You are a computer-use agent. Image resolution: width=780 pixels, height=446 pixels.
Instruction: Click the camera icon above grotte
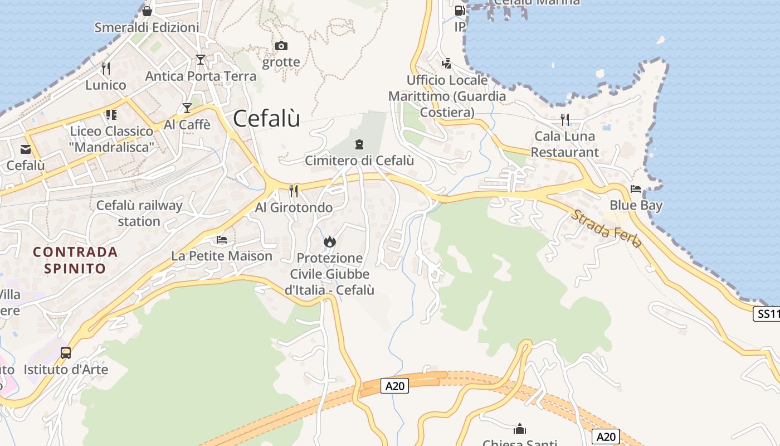point(281,46)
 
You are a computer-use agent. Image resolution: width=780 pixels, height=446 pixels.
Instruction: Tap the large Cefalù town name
point(266,118)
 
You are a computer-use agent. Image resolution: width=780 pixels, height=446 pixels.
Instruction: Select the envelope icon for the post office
point(26,149)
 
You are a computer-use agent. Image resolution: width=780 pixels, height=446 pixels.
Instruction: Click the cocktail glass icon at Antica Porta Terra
point(201,59)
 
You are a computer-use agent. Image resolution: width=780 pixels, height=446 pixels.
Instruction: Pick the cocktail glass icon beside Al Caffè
point(187,108)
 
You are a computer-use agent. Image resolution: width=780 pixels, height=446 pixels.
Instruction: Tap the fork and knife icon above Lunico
point(106,68)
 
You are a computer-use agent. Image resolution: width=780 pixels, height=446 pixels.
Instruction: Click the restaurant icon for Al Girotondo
point(294,191)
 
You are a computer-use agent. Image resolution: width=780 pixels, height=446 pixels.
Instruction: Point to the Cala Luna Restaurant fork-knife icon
point(565,119)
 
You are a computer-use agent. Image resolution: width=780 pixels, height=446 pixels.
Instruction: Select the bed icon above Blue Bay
point(636,188)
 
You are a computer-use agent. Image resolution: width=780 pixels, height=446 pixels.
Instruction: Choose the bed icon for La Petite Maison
point(222,240)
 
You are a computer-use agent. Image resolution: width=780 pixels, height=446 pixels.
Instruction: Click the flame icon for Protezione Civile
point(330,241)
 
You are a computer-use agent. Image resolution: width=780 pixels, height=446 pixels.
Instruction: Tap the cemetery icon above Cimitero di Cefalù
point(359,144)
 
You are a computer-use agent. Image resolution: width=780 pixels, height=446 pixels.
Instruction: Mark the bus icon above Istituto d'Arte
point(66,352)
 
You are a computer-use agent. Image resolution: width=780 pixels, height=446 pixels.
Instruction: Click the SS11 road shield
point(767,314)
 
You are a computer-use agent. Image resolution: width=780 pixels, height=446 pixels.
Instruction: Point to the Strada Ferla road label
point(606,229)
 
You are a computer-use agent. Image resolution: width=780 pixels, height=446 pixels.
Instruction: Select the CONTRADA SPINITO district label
point(75,260)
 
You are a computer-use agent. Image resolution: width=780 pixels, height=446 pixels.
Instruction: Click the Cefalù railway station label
point(139,213)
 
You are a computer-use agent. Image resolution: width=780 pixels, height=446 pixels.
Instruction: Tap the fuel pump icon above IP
point(460,10)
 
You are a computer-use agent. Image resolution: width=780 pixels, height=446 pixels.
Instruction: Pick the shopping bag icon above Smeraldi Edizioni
point(147,11)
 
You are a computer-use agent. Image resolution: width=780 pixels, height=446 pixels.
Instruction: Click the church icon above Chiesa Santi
point(520,429)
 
